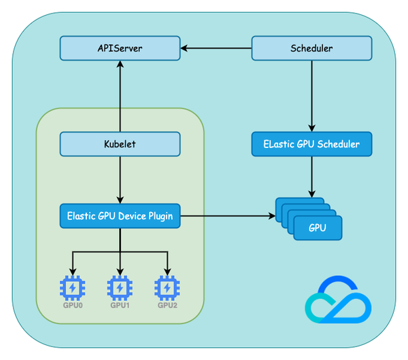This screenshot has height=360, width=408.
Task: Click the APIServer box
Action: point(120,48)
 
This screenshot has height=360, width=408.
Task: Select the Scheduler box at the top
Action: point(311,48)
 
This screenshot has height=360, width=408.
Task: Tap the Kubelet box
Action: point(120,144)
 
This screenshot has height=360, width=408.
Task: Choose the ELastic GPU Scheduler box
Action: point(311,144)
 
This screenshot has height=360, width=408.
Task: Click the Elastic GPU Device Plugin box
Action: point(120,216)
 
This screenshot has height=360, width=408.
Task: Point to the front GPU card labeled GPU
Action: point(318,228)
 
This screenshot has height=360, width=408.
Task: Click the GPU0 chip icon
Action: point(72,288)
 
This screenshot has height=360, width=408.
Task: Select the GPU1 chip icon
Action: point(120,288)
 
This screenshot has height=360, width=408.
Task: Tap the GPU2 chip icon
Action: point(167,288)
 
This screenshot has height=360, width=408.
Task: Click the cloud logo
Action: point(338,300)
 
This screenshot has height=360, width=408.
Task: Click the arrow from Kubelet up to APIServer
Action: point(120,95)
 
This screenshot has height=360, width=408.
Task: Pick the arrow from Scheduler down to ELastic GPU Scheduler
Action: point(311,95)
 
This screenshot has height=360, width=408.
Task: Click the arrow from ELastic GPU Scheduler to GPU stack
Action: point(311,177)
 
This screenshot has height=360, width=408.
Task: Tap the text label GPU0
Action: point(72,306)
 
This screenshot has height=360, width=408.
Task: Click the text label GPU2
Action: point(167,306)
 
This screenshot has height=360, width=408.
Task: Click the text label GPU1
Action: point(120,306)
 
